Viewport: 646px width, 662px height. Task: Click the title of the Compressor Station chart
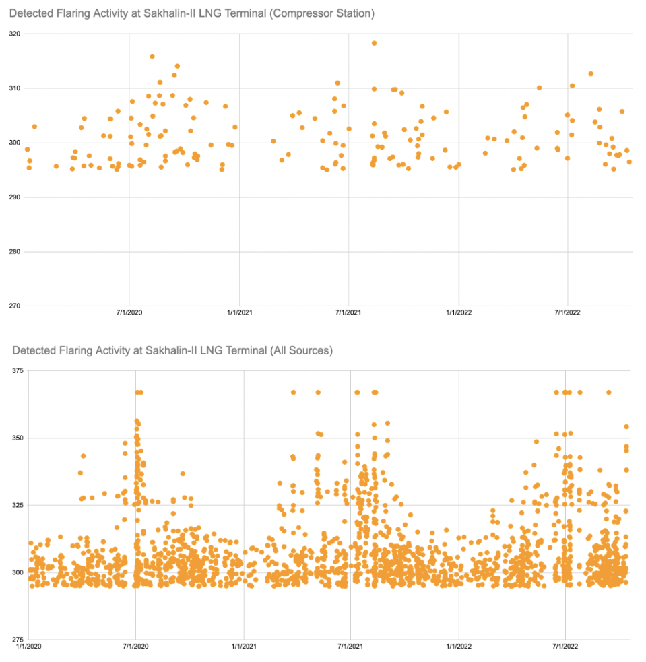click(x=191, y=13)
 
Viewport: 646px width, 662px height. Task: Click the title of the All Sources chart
click(x=172, y=351)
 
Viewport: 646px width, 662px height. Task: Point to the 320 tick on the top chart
click(x=15, y=34)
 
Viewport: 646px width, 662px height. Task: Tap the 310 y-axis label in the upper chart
click(x=15, y=88)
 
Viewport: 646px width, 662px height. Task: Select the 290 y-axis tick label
click(x=15, y=197)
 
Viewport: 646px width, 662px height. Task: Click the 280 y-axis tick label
click(x=15, y=252)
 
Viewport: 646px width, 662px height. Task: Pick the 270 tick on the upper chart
click(x=15, y=306)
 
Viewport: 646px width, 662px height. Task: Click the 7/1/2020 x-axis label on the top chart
click(x=129, y=312)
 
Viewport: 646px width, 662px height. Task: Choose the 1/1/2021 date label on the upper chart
click(x=239, y=312)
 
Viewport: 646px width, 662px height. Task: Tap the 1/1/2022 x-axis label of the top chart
click(x=459, y=312)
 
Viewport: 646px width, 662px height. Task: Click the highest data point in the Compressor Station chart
click(x=374, y=43)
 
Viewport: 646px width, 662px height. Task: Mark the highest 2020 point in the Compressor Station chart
click(x=152, y=57)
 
